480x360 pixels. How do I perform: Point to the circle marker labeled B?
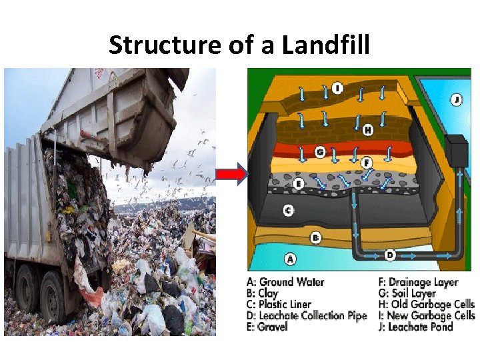click(316, 237)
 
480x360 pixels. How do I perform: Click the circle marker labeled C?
click(288, 210)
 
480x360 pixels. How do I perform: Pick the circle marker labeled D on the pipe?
click(390, 254)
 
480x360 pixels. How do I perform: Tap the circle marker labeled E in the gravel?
click(299, 182)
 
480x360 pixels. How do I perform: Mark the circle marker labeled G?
click(320, 153)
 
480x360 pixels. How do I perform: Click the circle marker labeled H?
click(367, 131)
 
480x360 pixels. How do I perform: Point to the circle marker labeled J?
click(456, 99)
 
